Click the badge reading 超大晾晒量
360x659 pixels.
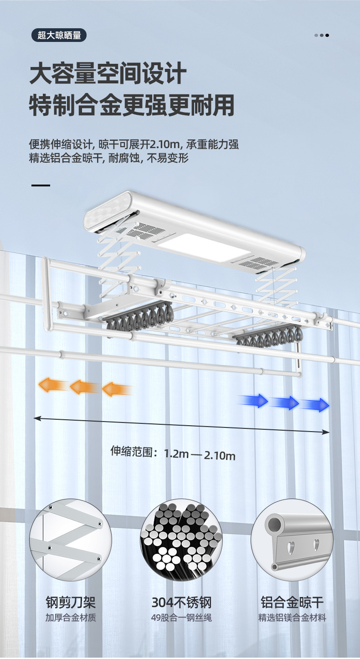coord(59,35)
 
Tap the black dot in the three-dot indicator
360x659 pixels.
coord(327,35)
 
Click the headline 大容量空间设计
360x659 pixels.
coord(108,74)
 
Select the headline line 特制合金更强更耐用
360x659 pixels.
coord(132,105)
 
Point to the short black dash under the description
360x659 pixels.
coord(41,185)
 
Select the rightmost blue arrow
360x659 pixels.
coord(318,405)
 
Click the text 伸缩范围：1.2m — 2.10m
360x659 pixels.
coord(173,453)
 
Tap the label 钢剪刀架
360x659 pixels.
coord(71,602)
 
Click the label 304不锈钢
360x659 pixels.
coord(181,602)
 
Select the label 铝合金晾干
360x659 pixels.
coord(292,602)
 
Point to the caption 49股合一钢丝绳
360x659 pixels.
coord(181,618)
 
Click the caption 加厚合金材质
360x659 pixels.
coord(71,618)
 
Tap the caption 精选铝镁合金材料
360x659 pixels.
coord(292,618)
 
